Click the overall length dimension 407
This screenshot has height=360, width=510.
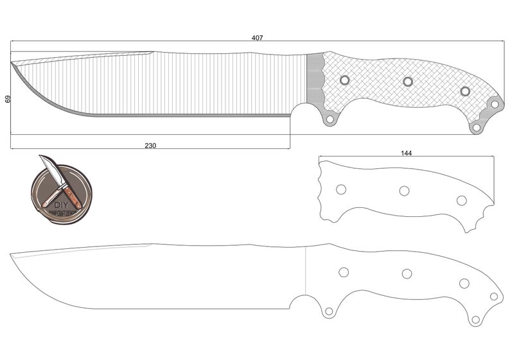tap(257, 39)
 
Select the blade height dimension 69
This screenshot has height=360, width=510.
tap(8, 99)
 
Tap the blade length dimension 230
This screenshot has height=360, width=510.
tap(150, 146)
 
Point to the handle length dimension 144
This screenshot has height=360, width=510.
tap(406, 153)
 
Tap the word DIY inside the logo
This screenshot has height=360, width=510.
tap(60, 205)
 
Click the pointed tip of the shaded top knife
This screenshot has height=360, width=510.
tap(12, 64)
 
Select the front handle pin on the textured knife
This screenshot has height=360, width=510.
tap(344, 80)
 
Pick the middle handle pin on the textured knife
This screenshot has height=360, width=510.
tap(407, 81)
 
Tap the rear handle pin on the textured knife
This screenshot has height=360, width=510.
tap(465, 91)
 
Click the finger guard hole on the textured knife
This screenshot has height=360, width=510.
tap(330, 119)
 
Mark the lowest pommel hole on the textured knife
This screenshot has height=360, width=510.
tap(476, 128)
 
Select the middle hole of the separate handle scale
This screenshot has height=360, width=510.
tap(404, 191)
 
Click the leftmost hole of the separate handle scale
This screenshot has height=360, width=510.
tap(341, 189)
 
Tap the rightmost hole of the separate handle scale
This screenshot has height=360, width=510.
tap(461, 200)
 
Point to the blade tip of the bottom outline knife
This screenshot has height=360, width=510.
tap(11, 255)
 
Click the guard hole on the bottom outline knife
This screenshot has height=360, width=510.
tap(329, 311)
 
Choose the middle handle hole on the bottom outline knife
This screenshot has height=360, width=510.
tap(407, 274)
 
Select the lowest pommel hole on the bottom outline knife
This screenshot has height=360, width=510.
tap(475, 320)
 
